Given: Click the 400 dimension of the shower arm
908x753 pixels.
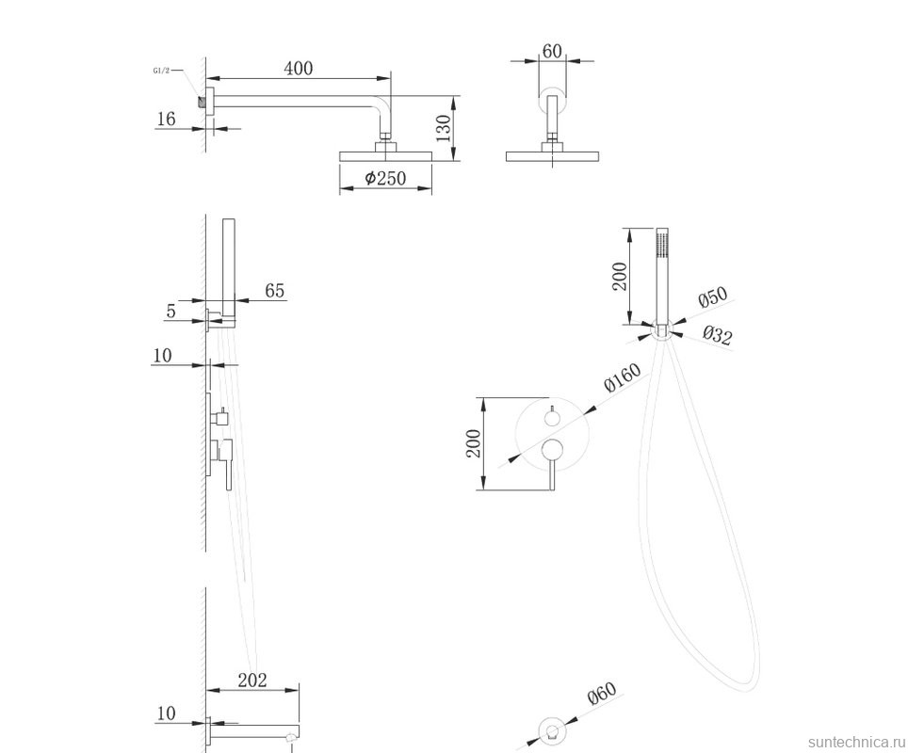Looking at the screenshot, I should (x=297, y=68).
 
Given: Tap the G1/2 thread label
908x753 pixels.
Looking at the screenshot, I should (x=161, y=71).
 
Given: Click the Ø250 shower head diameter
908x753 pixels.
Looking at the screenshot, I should (x=384, y=178).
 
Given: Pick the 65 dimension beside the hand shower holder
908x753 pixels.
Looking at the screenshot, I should (x=274, y=291).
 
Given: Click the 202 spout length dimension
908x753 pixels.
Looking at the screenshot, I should (x=252, y=680).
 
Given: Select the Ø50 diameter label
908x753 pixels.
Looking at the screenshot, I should (x=713, y=298).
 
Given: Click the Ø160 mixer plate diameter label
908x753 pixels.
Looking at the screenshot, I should (x=622, y=378).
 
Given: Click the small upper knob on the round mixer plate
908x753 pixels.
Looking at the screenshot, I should (x=553, y=415).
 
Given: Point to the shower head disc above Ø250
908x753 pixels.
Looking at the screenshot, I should (x=384, y=154).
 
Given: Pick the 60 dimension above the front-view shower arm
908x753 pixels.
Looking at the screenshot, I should (x=552, y=49).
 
